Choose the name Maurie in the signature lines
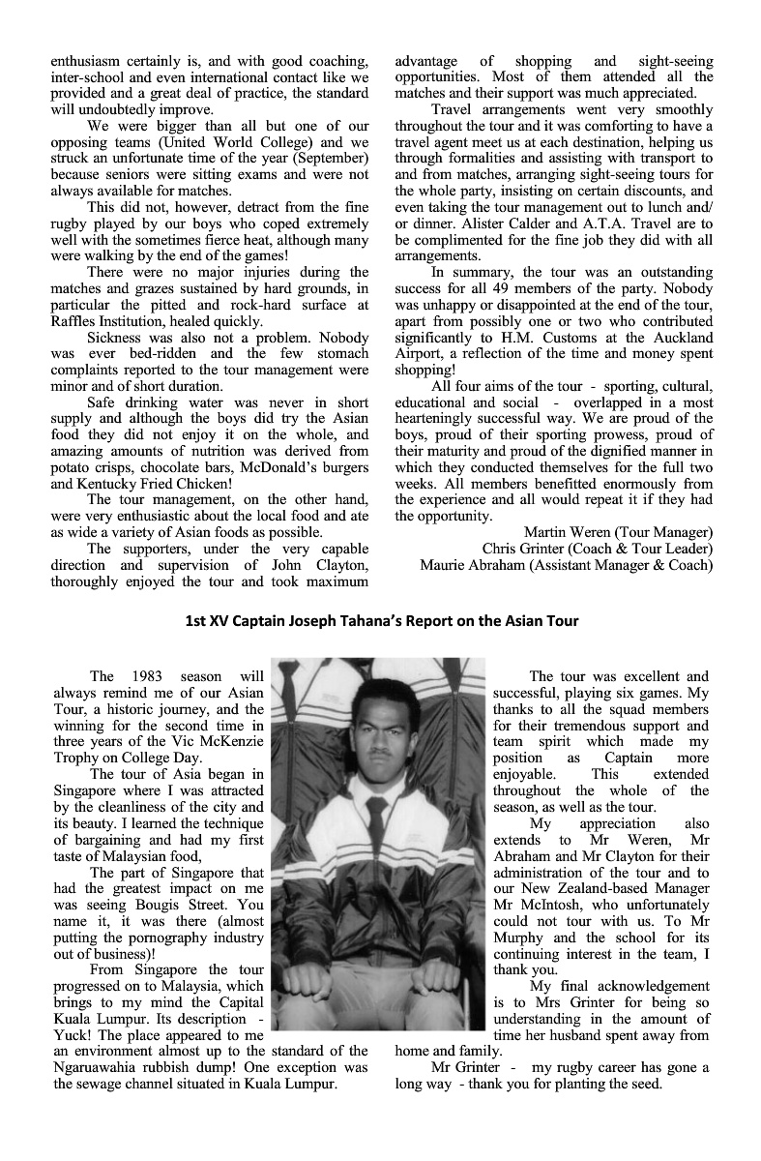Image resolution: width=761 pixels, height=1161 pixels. click(443, 564)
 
